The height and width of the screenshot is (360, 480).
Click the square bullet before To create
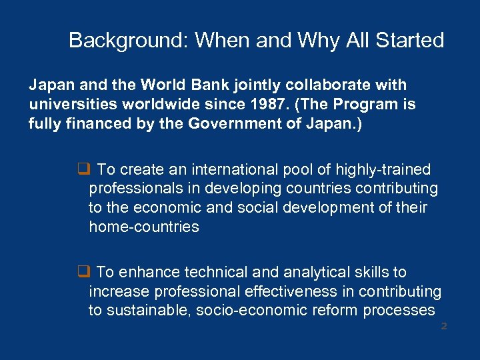point(83,170)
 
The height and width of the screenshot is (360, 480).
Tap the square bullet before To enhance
point(83,272)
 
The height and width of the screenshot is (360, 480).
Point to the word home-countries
point(144,227)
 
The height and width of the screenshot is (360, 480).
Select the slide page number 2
point(443,326)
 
